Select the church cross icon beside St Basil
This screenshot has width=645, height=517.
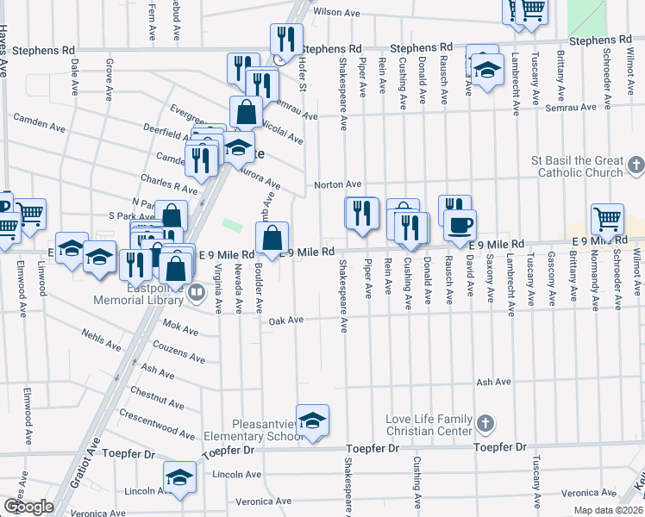(636, 164)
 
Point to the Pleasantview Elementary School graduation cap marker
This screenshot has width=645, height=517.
(313, 420)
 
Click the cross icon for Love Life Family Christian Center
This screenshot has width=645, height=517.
(485, 423)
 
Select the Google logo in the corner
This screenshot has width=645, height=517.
(28, 507)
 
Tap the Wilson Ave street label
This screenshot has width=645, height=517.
(335, 12)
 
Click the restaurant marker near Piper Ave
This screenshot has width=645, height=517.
(361, 213)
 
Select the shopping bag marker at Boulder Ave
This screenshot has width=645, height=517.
(272, 238)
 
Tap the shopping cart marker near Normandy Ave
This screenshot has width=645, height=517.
(609, 220)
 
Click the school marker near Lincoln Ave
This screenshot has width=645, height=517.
(180, 477)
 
